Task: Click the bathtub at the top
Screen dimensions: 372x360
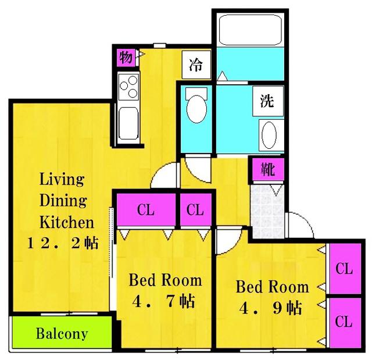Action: pyautogui.click(x=251, y=30)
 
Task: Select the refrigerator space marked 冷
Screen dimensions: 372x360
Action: pyautogui.click(x=196, y=65)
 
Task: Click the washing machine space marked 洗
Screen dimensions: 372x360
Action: pyautogui.click(x=268, y=101)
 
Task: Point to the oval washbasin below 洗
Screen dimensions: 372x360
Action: pyautogui.click(x=269, y=135)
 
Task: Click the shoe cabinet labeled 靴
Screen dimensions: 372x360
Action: pyautogui.click(x=267, y=169)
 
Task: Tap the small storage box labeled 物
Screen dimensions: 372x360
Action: pyautogui.click(x=126, y=58)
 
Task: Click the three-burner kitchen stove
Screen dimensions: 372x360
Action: pyautogui.click(x=128, y=87)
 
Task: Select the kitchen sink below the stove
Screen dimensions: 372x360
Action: pyautogui.click(x=128, y=123)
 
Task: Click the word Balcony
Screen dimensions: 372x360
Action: pyautogui.click(x=62, y=333)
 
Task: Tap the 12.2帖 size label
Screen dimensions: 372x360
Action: pyautogui.click(x=62, y=243)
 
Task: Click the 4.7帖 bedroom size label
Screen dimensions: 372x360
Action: pyautogui.click(x=164, y=301)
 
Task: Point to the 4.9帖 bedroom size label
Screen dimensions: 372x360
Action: pyautogui.click(x=270, y=308)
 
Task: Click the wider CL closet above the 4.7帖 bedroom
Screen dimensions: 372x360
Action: pyautogui.click(x=146, y=210)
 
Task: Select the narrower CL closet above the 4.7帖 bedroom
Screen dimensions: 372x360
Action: pyautogui.click(x=195, y=210)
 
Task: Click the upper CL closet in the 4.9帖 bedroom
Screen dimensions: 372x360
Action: pyautogui.click(x=345, y=269)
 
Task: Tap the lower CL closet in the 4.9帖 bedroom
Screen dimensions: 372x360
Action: pyautogui.click(x=345, y=322)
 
